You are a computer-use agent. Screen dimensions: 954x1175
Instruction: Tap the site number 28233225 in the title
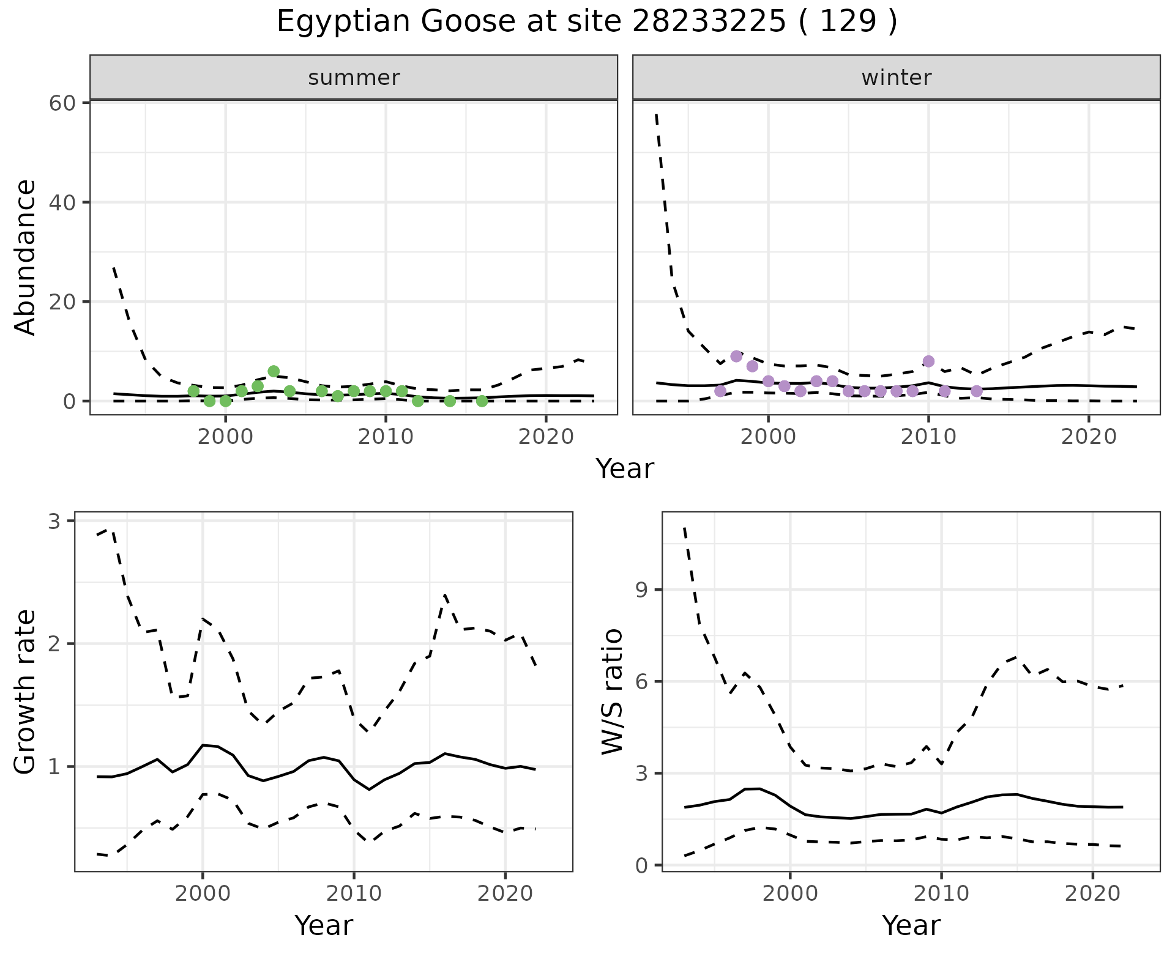(x=709, y=22)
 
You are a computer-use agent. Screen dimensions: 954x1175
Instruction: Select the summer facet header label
(x=354, y=78)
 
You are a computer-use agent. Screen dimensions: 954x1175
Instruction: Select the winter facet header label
(x=896, y=78)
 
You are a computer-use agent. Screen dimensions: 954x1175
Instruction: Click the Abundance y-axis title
(x=26, y=257)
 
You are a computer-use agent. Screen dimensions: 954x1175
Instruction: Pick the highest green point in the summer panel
(x=274, y=371)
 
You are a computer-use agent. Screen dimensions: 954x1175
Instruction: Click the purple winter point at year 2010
(x=928, y=361)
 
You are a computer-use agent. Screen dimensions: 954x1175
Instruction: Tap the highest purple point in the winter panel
(x=736, y=357)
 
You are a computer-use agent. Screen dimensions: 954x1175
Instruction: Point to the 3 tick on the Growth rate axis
(x=54, y=522)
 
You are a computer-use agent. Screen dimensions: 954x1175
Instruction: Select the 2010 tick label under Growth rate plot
(x=354, y=893)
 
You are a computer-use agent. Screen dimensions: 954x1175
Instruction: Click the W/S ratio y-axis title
(x=613, y=692)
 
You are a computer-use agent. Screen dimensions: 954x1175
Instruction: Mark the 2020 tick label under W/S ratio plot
(x=1092, y=893)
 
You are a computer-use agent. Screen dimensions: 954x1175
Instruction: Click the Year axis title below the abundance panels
(x=625, y=469)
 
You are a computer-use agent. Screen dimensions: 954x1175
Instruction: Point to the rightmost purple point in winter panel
(x=977, y=391)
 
